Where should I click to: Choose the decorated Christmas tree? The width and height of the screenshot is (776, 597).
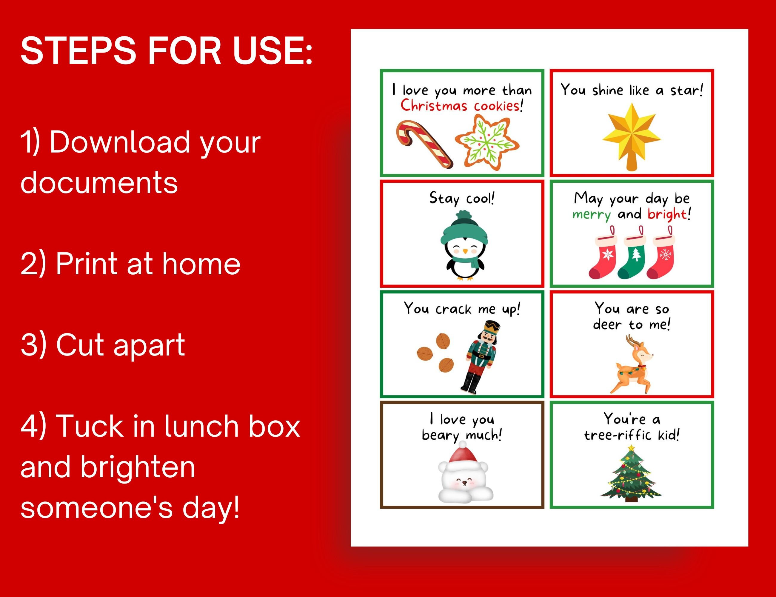click(x=631, y=474)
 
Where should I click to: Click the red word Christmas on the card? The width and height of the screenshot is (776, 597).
click(x=433, y=106)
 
